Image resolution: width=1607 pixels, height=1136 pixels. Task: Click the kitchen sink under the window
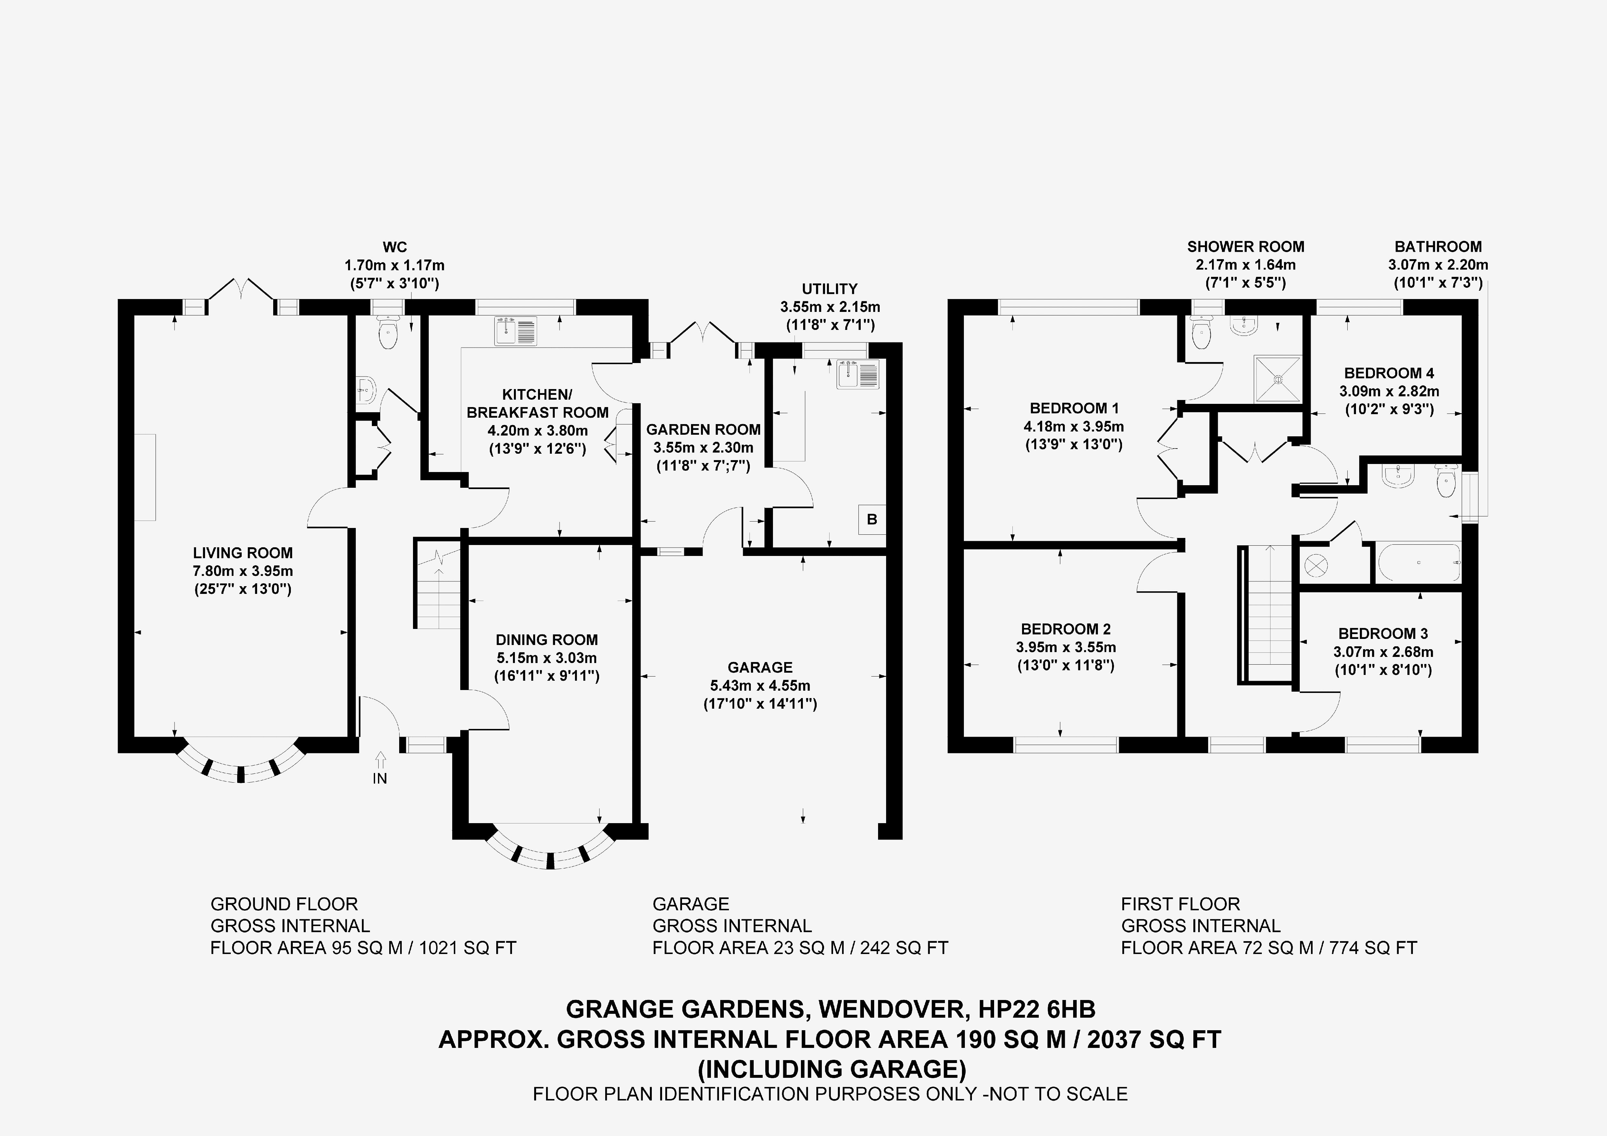[516, 331]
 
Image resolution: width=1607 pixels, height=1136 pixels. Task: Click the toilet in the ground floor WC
[387, 334]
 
